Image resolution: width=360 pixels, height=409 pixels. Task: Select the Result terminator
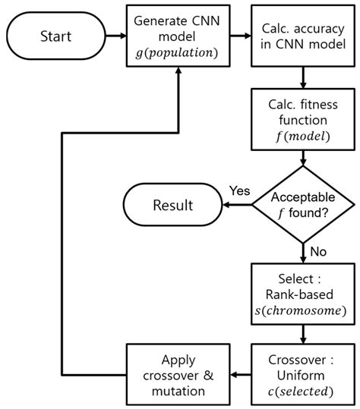click(173, 204)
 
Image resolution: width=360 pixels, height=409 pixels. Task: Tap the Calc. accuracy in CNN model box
click(303, 36)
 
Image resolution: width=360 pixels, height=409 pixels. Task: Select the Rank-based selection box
click(303, 291)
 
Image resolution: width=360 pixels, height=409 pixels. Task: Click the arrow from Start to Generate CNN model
click(116, 36)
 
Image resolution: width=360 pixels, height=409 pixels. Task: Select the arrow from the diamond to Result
click(236, 205)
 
